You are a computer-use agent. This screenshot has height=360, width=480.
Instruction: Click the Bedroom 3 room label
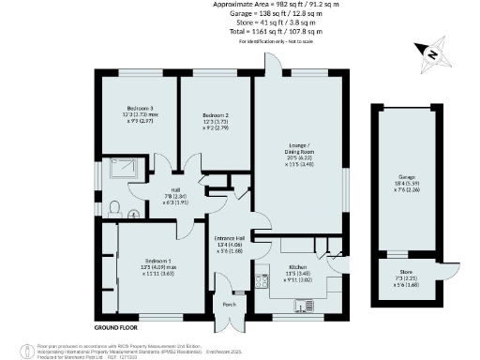[139, 110]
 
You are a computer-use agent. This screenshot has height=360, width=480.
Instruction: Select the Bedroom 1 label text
[157, 259]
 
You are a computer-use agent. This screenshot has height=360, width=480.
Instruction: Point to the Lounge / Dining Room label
[299, 151]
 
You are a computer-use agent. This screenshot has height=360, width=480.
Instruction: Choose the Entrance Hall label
[230, 238]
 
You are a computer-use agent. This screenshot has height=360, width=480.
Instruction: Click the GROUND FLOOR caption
[116, 328]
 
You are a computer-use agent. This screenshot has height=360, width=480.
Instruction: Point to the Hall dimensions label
[175, 198]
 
